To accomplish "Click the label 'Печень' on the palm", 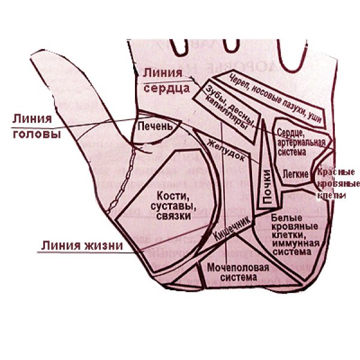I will point(155,127).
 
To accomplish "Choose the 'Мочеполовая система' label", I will point(232,272).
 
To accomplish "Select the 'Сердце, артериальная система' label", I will point(300,142).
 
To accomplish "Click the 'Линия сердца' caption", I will point(163,80).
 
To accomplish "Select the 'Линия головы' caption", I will point(37,127).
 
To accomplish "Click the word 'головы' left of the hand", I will point(37,134).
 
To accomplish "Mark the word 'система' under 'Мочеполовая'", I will point(232,278).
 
